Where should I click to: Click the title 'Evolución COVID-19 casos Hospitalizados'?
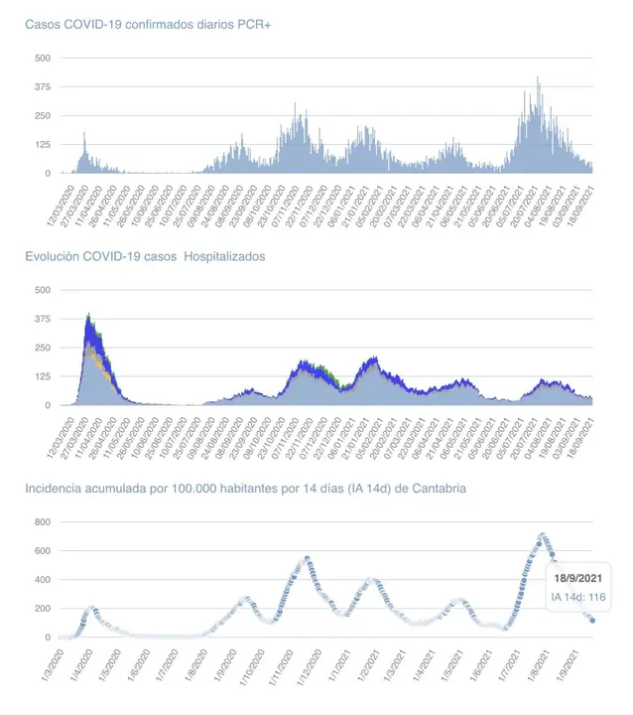click(x=145, y=256)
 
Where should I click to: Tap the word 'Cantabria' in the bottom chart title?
click(x=439, y=489)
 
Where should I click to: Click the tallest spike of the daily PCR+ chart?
click(x=538, y=78)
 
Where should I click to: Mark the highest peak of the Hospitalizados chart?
click(x=89, y=316)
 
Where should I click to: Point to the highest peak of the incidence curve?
click(x=543, y=536)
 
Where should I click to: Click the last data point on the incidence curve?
click(x=592, y=620)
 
